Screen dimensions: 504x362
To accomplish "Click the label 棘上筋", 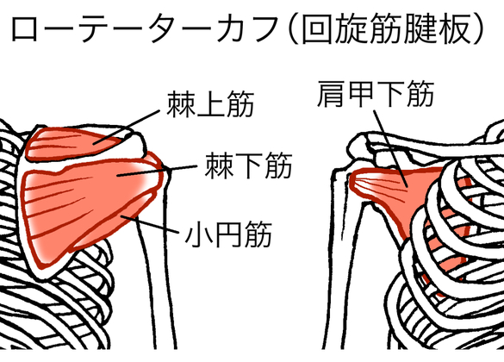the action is [x=210, y=103].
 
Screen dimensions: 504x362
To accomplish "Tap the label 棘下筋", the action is [x=249, y=165].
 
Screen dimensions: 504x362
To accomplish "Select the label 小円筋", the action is [x=229, y=234].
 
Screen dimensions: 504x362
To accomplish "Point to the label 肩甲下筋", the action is [x=376, y=94].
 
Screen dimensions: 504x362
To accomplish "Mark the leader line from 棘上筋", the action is [x=127, y=128].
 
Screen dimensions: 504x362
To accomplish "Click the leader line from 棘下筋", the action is [x=157, y=171].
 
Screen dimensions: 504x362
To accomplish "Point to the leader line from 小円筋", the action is [x=149, y=224].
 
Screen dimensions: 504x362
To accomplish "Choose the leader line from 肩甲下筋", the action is [x=390, y=148].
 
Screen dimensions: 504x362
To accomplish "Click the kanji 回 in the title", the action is [x=316, y=29].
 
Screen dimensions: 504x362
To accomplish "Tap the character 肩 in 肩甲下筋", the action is [x=331, y=94].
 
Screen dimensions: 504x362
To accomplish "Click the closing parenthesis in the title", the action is [x=480, y=29].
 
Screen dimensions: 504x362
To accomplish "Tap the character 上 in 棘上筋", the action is [x=210, y=103].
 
